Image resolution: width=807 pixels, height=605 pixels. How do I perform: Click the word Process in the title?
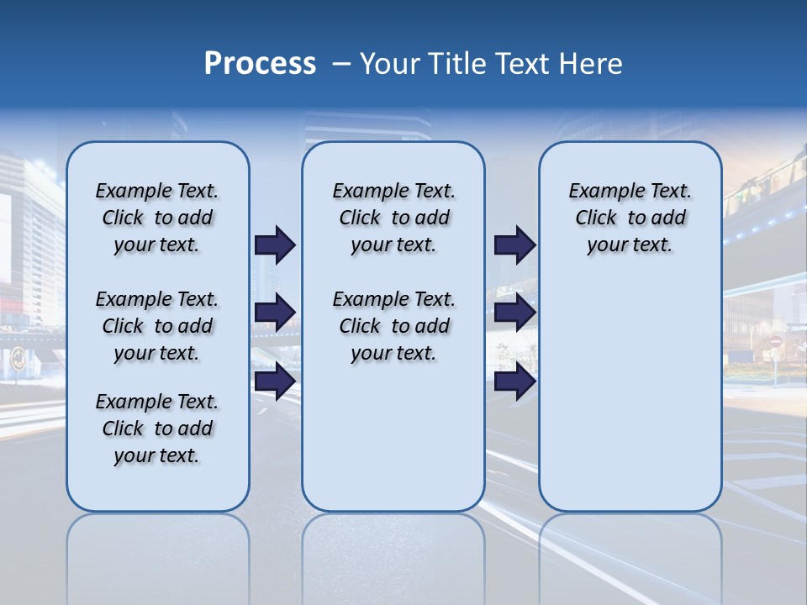tap(260, 64)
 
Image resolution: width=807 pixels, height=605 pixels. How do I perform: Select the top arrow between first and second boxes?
tap(275, 245)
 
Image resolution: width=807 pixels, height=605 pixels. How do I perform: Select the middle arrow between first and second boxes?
tap(275, 313)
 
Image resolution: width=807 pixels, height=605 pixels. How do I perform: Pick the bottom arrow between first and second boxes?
tap(275, 381)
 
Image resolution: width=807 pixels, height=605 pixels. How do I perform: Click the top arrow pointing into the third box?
tap(514, 245)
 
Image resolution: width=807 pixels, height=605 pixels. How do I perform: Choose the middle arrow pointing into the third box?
tap(514, 313)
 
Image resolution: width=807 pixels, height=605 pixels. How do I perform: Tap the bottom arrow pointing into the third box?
tap(514, 381)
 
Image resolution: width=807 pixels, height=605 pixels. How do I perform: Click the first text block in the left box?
tap(157, 218)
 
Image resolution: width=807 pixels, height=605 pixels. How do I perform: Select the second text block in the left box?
tap(157, 326)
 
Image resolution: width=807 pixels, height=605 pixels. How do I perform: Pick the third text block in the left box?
tap(157, 429)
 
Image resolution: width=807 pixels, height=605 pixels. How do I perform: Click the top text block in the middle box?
tap(393, 218)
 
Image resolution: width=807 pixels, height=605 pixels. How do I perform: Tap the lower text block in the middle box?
tap(393, 326)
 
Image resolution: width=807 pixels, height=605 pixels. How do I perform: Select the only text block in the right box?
tap(630, 218)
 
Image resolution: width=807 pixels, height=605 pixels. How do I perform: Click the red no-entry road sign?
tap(775, 342)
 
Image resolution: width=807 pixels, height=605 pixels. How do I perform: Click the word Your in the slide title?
tap(389, 64)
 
